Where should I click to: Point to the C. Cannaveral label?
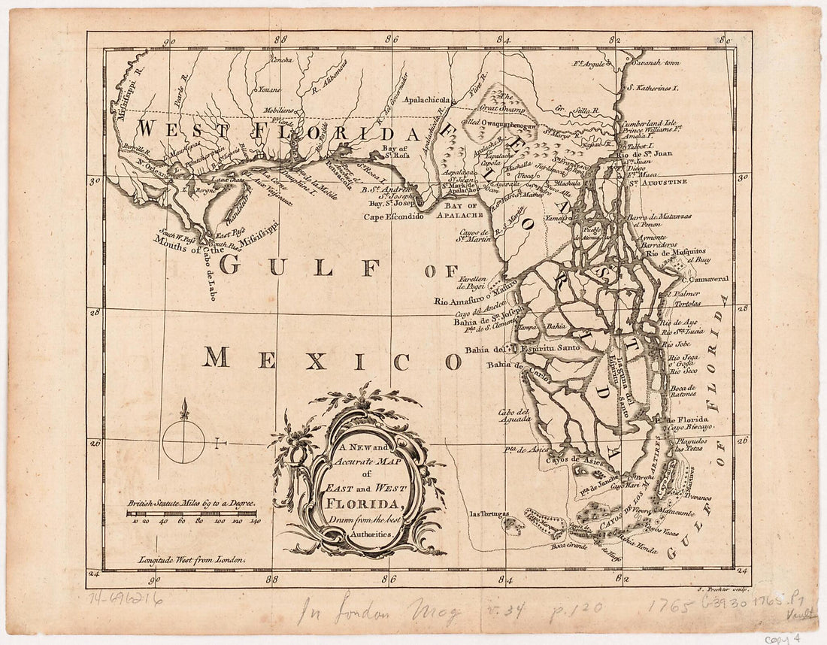tap(696, 278)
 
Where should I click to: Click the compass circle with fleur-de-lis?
tap(183, 441)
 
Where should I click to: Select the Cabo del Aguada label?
tap(514, 416)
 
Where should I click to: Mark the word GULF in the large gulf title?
tap(262, 265)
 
